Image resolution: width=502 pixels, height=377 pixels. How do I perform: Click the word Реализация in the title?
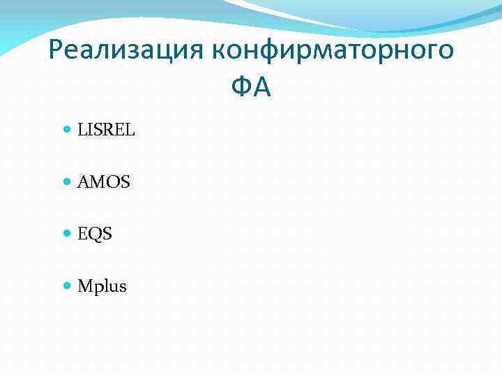tap(126, 51)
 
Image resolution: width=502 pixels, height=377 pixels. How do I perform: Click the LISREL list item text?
tap(106, 130)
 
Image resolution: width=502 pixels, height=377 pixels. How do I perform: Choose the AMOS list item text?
tap(104, 182)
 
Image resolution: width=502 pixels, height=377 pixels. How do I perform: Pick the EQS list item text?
tap(95, 234)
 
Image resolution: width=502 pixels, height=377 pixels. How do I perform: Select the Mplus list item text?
tap(102, 286)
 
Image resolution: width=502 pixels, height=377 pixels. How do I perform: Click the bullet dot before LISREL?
tap(67, 130)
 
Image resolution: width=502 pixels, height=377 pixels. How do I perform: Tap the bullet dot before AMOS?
tap(67, 182)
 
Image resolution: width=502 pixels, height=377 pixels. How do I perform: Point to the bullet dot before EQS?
tap(67, 234)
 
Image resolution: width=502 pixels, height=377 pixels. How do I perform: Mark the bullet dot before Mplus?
tap(67, 286)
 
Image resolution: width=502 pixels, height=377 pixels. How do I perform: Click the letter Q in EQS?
tap(95, 235)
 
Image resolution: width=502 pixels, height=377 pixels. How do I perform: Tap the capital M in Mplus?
tap(86, 286)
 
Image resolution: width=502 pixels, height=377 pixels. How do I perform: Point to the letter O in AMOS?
tap(112, 182)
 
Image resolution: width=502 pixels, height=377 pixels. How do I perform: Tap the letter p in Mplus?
tap(99, 288)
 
